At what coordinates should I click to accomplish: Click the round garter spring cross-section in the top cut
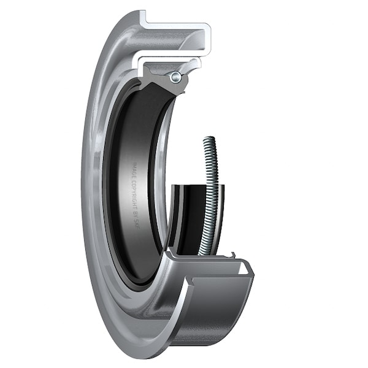coord(176,77)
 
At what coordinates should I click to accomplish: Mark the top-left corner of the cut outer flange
coord(142,12)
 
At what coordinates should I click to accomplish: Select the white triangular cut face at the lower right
coord(243,268)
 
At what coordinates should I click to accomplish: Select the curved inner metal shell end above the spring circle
coord(195,64)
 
